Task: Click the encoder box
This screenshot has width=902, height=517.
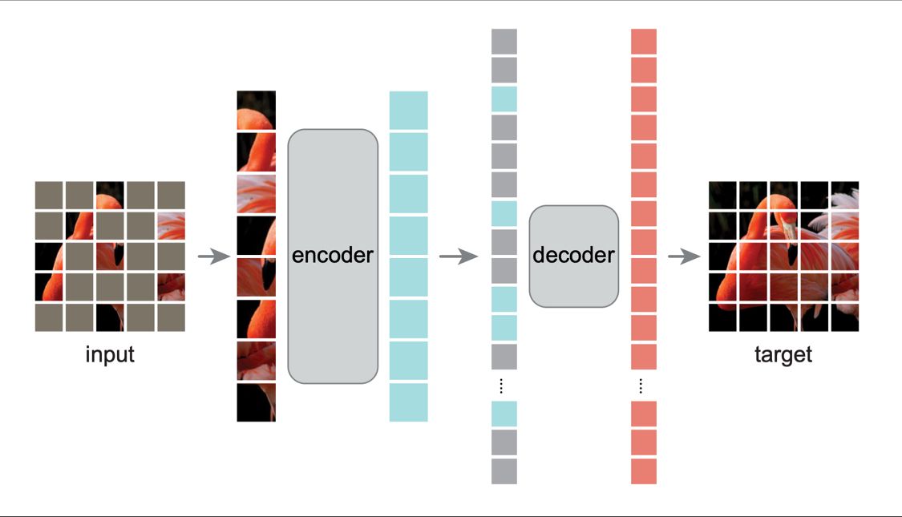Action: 333,256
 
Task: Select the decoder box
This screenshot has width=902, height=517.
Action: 573,256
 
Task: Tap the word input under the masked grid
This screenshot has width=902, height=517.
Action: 110,354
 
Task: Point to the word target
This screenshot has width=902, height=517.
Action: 783,354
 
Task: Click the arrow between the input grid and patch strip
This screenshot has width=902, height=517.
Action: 214,256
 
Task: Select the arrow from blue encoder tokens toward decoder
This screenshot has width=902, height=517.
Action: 459,256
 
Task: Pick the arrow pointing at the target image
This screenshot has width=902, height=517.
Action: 684,256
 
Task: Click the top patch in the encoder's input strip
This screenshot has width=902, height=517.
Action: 256,110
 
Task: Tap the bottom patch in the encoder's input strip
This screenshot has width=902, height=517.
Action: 256,402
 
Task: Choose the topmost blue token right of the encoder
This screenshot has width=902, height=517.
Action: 408,110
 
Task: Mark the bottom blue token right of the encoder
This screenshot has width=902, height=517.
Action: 408,402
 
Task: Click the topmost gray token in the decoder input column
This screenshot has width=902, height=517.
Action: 504,42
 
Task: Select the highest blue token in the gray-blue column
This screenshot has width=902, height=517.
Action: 504,99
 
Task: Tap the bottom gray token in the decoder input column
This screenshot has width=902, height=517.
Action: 504,471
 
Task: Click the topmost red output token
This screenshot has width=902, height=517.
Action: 644,42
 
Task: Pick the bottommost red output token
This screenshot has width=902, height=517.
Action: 644,471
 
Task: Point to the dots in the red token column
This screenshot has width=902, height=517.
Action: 641,386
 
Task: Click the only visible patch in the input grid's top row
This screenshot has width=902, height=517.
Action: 110,195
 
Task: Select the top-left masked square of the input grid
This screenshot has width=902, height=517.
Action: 49,195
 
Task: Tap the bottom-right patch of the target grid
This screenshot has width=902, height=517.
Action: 845,317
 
